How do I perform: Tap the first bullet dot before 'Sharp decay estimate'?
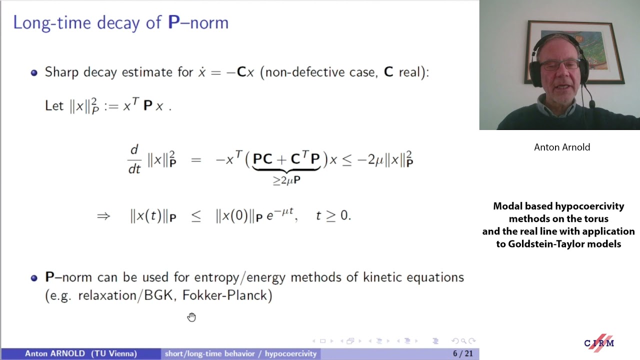pyautogui.click(x=34, y=72)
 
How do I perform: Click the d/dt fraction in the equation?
pyautogui.click(x=134, y=159)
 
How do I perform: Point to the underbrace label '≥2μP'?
pyautogui.click(x=286, y=180)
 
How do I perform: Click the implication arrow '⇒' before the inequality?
pyautogui.click(x=103, y=216)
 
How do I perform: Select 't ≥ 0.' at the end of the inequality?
pyautogui.click(x=333, y=216)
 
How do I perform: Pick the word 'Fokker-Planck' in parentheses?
pyautogui.click(x=227, y=295)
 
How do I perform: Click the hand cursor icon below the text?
pyautogui.click(x=191, y=317)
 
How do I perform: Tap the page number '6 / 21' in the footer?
pyautogui.click(x=462, y=353)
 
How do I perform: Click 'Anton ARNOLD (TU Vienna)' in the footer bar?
pyautogui.click(x=81, y=353)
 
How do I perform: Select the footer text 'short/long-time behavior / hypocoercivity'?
pyautogui.click(x=240, y=353)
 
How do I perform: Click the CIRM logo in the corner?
pyautogui.click(x=599, y=342)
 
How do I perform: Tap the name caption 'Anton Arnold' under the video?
pyautogui.click(x=562, y=147)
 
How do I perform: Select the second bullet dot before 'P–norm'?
pyautogui.click(x=34, y=277)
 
